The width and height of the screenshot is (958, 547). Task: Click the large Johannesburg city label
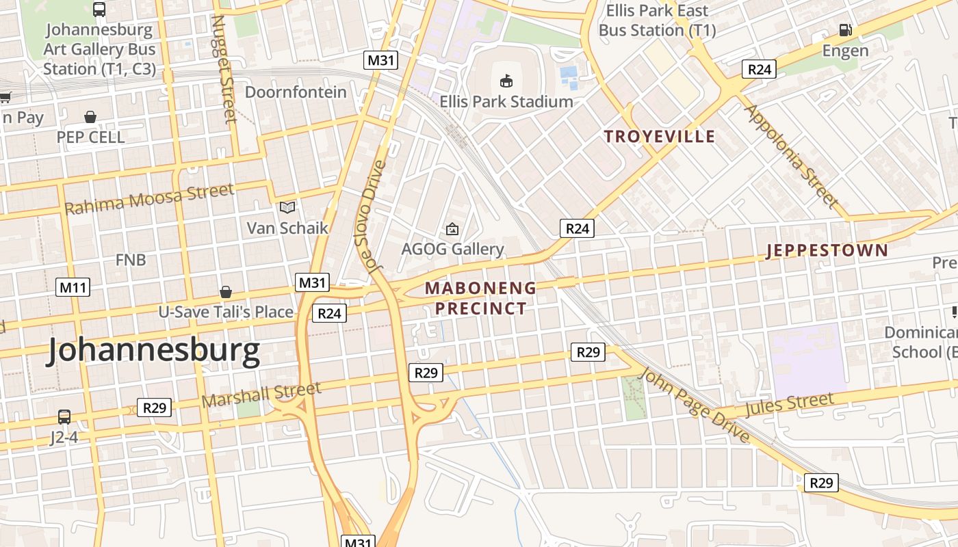click(x=153, y=351)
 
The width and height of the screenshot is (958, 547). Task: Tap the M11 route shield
click(x=73, y=287)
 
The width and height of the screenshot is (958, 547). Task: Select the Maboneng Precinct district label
click(x=481, y=298)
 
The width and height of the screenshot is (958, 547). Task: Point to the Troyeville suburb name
click(x=659, y=136)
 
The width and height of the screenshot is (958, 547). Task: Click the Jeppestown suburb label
click(x=827, y=250)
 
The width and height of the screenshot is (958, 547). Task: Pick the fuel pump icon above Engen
click(x=846, y=30)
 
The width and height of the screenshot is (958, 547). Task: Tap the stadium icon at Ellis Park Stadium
click(x=506, y=81)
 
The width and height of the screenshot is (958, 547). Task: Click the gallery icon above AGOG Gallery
click(x=452, y=229)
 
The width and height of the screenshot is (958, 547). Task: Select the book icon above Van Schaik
click(x=287, y=207)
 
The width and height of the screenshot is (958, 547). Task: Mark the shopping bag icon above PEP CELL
click(x=90, y=117)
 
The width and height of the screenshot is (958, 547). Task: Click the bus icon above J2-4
click(x=64, y=416)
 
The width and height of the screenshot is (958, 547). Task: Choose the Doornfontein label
click(x=296, y=92)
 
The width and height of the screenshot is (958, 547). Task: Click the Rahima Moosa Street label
click(x=149, y=199)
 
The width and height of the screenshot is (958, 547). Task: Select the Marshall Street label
click(x=261, y=395)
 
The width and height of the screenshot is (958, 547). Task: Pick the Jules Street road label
click(x=789, y=404)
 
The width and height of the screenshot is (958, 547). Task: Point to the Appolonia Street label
click(x=790, y=156)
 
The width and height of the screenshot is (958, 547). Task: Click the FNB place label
click(x=131, y=260)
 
